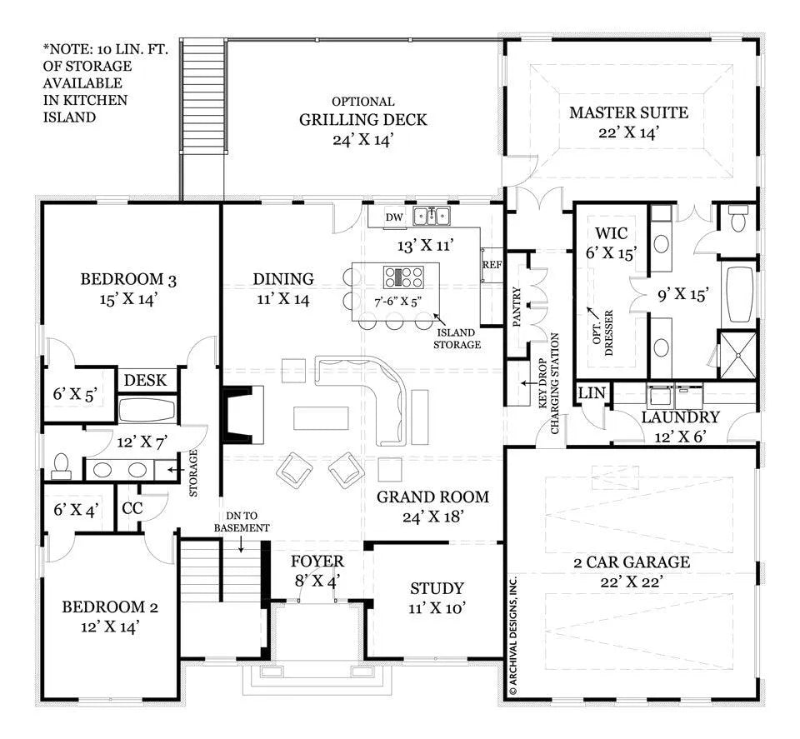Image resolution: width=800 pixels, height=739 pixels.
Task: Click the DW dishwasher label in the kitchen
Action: coord(394,217)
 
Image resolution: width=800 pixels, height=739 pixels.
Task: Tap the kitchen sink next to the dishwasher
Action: coord(432,216)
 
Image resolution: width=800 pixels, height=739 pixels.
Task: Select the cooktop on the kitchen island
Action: coord(403,277)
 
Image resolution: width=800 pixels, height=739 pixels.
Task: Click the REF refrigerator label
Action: coord(492,265)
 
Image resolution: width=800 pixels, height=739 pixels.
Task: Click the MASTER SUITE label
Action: coord(628,112)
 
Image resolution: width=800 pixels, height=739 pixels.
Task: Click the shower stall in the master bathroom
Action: coord(737,354)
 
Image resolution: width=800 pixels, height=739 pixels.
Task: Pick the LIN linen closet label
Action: coord(592,392)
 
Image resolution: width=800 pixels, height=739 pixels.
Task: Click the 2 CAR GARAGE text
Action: coord(632,562)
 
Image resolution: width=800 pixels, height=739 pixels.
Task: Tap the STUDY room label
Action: coord(437,588)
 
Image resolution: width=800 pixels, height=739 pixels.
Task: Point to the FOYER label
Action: coord(317,562)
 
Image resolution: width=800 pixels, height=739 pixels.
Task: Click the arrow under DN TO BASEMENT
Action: coord(241,544)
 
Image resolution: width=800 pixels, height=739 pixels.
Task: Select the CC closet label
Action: coord(132,508)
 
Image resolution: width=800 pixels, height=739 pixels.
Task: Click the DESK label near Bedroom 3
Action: coord(145,381)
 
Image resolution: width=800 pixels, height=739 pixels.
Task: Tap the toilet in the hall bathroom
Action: coord(61,467)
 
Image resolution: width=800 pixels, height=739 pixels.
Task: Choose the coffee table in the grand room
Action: coord(321,418)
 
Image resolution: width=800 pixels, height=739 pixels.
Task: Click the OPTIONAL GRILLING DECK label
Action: coord(362,112)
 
